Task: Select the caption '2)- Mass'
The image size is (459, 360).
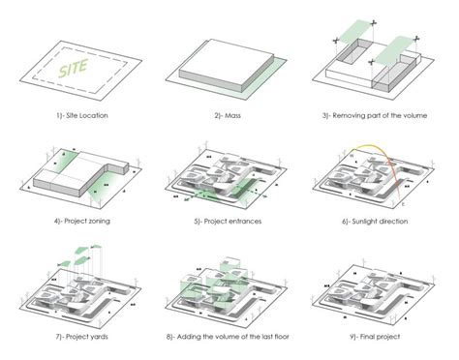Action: (228, 116)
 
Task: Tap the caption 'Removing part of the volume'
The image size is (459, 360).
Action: (379, 116)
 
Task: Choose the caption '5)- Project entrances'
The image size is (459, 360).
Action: (228, 221)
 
